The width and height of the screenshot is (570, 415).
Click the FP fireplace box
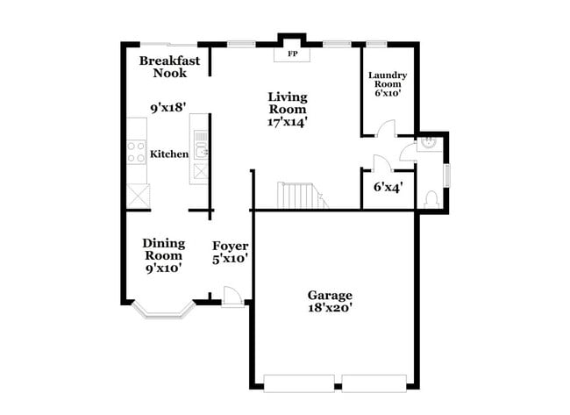(291, 54)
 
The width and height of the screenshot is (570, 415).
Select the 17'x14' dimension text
(287, 123)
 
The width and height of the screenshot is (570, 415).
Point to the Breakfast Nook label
(169, 67)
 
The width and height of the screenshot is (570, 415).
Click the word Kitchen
(169, 154)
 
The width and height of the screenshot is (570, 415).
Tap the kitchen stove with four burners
(137, 153)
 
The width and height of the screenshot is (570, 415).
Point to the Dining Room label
(163, 249)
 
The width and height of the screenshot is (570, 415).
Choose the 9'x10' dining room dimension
(163, 268)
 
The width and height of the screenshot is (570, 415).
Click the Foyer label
(231, 246)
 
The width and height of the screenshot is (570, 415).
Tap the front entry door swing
(232, 297)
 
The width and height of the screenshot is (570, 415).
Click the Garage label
(330, 296)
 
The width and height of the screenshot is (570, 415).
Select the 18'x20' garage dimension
(330, 309)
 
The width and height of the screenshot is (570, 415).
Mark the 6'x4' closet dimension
(388, 187)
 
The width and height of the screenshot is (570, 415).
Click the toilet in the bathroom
(431, 201)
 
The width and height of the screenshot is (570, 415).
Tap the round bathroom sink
(430, 143)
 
